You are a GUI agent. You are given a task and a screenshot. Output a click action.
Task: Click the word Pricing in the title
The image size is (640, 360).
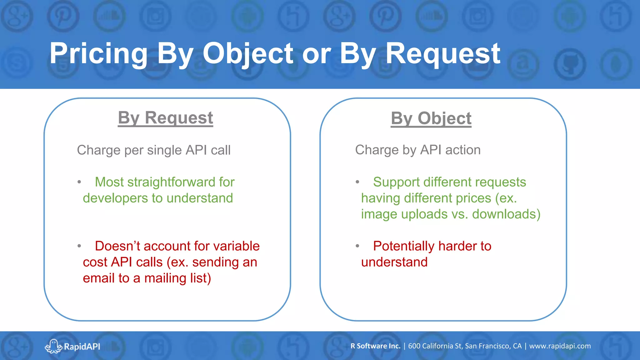pyautogui.click(x=98, y=54)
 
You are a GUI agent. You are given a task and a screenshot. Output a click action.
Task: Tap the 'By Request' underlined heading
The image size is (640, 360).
pyautogui.click(x=165, y=118)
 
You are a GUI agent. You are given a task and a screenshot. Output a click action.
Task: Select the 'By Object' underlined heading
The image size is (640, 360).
pyautogui.click(x=431, y=118)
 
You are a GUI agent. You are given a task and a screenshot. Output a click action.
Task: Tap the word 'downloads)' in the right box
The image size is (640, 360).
pyautogui.click(x=506, y=214)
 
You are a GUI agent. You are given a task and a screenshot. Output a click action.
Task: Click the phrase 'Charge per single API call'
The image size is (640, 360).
pyautogui.click(x=154, y=150)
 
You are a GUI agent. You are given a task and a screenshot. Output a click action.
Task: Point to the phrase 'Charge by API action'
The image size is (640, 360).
pyautogui.click(x=418, y=150)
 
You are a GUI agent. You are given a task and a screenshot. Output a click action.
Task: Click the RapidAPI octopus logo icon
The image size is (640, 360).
pyautogui.click(x=53, y=346)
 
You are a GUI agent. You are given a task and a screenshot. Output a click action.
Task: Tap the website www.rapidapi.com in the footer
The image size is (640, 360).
pyautogui.click(x=560, y=346)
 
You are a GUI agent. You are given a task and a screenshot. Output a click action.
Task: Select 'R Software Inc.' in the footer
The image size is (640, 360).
pyautogui.click(x=375, y=346)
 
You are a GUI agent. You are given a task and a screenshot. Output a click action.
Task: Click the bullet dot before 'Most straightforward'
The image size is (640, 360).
pyautogui.click(x=79, y=182)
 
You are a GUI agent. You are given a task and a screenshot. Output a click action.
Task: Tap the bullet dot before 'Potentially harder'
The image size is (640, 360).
pyautogui.click(x=357, y=246)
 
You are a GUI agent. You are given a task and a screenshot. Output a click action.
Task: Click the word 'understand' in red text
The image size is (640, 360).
pyautogui.click(x=394, y=262)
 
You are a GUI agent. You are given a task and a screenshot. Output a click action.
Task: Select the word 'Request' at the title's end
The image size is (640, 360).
pyautogui.click(x=443, y=54)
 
